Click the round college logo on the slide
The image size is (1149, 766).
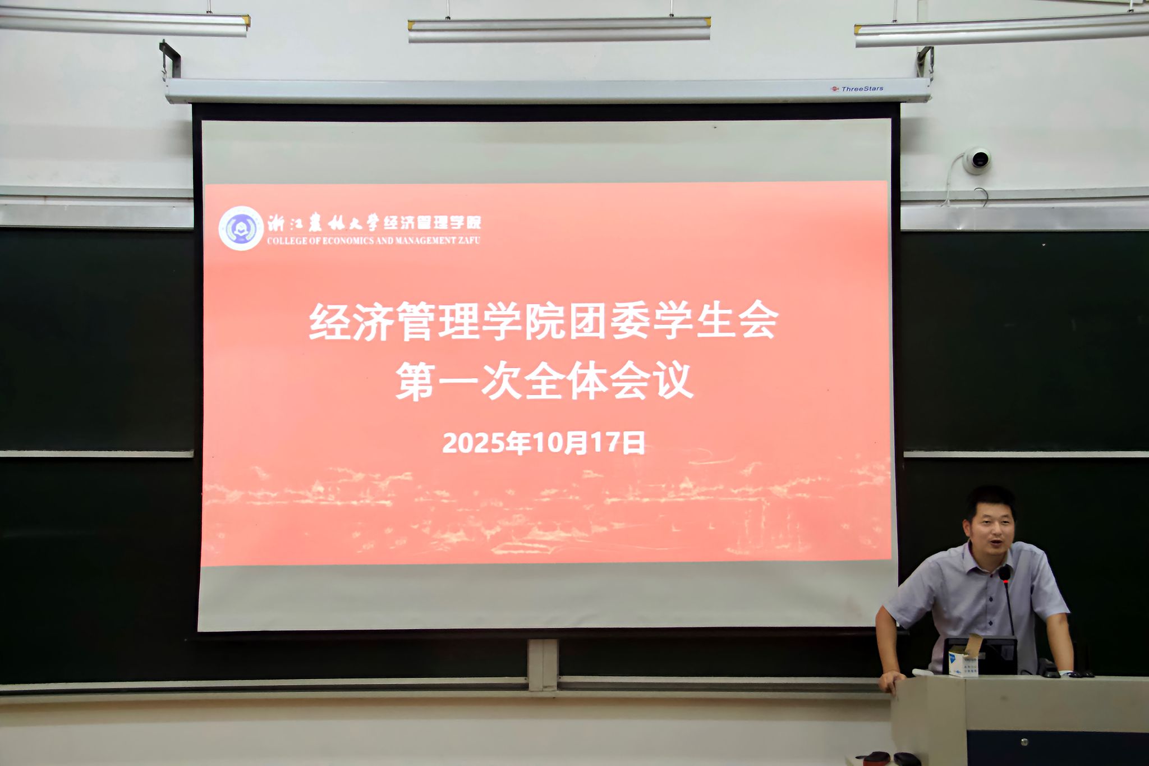pos(241,228)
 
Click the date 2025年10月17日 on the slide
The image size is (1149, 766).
pos(544,443)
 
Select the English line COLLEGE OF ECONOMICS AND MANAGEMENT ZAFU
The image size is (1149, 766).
pos(374,241)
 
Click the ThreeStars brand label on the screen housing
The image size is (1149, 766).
pos(857,89)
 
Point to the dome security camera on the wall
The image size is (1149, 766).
pos(977,160)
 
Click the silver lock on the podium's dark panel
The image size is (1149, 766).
pos(1024,742)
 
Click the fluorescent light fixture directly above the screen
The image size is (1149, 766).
pos(559,30)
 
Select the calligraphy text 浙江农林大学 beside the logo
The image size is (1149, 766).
pos(323,223)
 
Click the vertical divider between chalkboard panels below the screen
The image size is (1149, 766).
pos(543,665)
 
